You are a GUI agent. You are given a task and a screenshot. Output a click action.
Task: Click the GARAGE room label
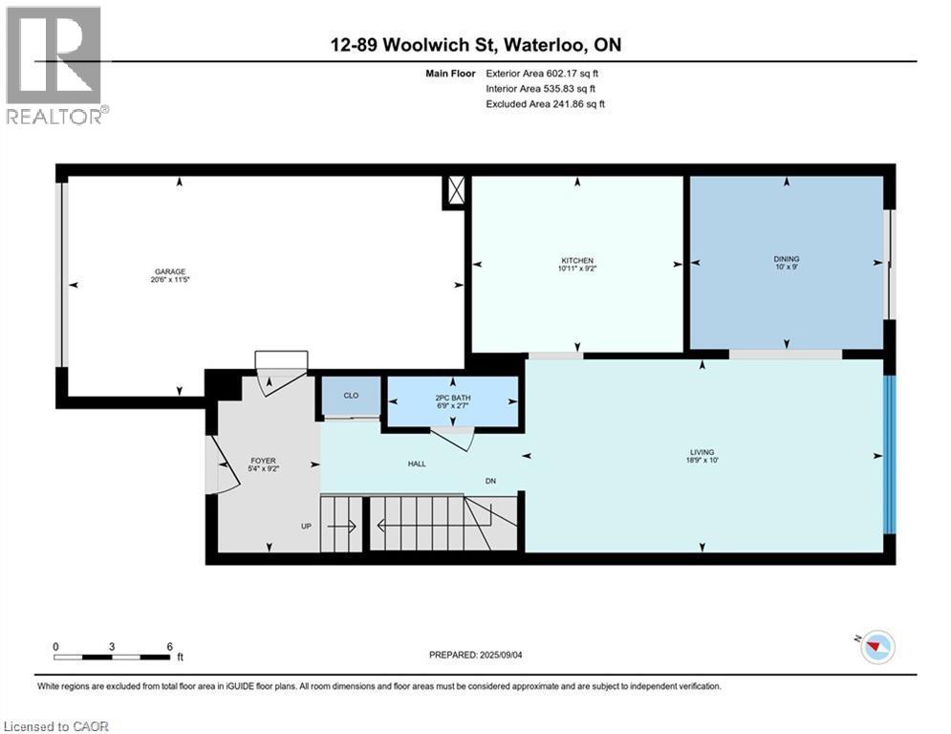click(170, 271)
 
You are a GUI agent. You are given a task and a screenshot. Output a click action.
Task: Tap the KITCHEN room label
click(577, 260)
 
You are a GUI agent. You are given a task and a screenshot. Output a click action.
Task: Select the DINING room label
click(787, 258)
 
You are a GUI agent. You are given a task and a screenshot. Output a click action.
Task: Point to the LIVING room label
click(702, 452)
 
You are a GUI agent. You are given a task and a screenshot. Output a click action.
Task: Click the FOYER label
click(263, 461)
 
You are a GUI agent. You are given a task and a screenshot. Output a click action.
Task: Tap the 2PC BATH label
click(453, 398)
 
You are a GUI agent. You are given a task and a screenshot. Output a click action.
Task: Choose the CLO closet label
click(351, 396)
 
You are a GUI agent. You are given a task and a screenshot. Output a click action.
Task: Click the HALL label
click(417, 464)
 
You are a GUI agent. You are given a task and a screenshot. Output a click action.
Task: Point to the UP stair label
click(306, 526)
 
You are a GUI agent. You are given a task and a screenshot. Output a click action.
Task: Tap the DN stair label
click(490, 481)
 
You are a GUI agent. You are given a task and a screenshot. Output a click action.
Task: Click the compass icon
click(877, 647)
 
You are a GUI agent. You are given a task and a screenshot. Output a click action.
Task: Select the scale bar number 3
click(112, 647)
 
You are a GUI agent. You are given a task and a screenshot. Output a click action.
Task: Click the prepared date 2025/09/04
click(501, 655)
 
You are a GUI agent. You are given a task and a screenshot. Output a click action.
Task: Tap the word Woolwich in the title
click(427, 45)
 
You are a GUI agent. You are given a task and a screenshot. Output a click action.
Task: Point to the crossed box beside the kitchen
click(455, 191)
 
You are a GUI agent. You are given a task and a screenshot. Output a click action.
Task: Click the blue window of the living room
click(889, 455)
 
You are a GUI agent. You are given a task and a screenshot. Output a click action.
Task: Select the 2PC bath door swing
click(456, 438)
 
